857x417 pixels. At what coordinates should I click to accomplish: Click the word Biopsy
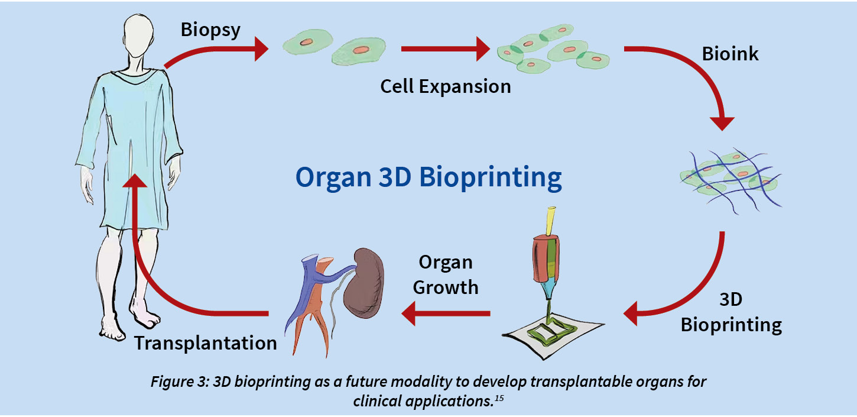(210, 30)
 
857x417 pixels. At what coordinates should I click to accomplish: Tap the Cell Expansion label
(446, 86)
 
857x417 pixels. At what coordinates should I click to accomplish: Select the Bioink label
(730, 54)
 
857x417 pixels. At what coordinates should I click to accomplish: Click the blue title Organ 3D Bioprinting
(428, 177)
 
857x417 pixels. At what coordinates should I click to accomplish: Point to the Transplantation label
(206, 342)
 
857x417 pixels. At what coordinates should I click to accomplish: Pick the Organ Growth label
(446, 275)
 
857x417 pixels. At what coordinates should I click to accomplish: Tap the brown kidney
(363, 283)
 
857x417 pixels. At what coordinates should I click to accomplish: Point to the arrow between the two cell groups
(445, 49)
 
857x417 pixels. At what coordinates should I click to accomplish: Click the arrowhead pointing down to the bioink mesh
(722, 123)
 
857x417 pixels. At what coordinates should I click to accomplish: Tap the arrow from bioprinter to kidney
(446, 313)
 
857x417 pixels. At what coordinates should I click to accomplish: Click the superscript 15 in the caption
(499, 398)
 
